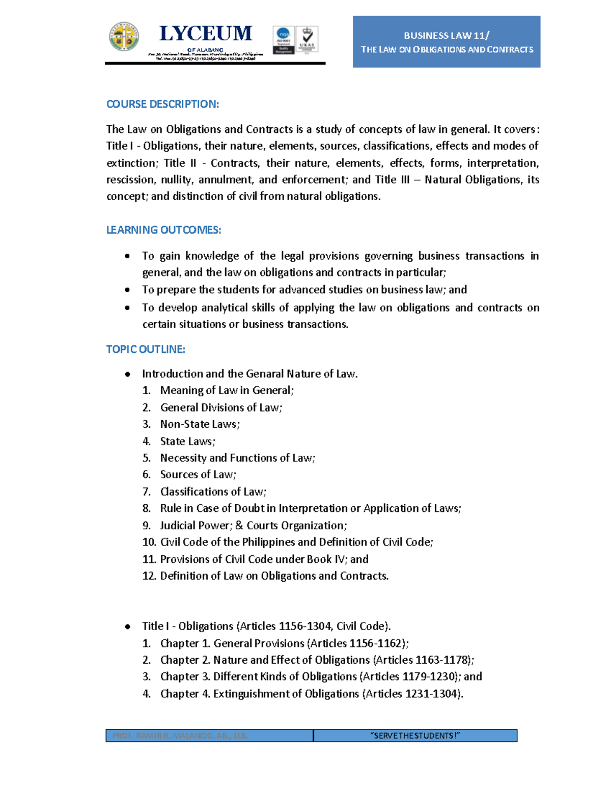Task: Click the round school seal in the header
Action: click(x=124, y=37)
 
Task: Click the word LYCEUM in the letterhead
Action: click(x=206, y=34)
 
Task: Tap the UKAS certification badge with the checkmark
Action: click(x=307, y=40)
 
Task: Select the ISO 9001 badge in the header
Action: click(x=284, y=40)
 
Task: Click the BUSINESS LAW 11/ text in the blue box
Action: click(x=446, y=36)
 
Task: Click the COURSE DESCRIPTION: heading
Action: click(x=162, y=104)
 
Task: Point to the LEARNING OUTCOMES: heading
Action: click(x=163, y=230)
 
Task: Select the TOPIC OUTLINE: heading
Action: click(x=146, y=349)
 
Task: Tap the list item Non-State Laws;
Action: click(x=200, y=424)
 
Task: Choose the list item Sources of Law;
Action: click(x=198, y=475)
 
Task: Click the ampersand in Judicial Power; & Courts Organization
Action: click(x=239, y=526)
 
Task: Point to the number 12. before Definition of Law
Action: click(x=149, y=576)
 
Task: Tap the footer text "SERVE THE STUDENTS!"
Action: click(x=415, y=735)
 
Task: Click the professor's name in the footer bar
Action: click(x=180, y=735)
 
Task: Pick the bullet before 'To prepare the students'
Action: click(x=127, y=290)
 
